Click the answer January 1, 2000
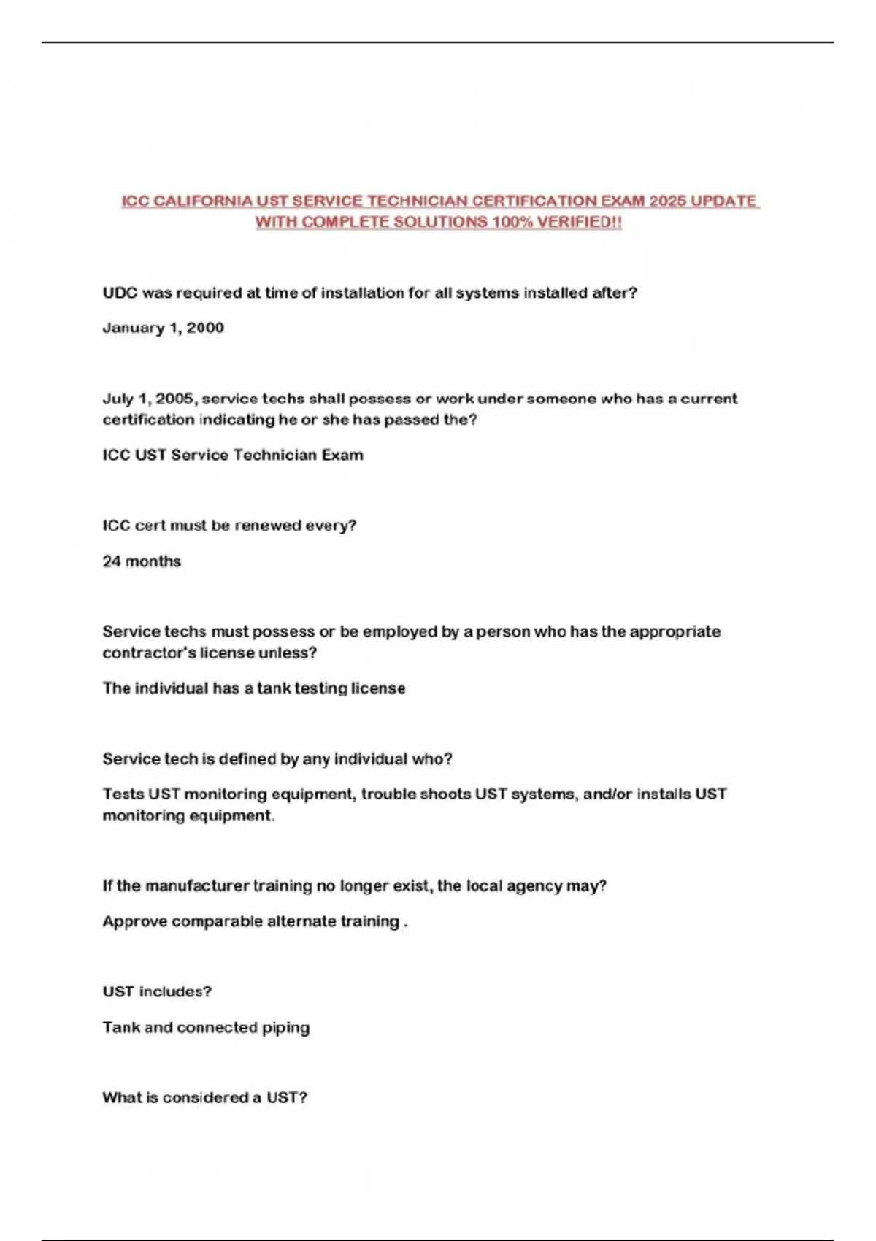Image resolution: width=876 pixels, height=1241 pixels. point(163,328)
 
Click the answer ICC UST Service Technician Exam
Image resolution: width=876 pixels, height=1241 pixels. point(232,455)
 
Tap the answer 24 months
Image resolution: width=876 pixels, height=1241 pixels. point(142,561)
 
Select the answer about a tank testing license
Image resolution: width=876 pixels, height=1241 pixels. point(253,688)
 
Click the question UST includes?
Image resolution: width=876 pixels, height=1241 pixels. point(157,991)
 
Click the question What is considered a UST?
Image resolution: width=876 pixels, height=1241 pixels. point(204,1097)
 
